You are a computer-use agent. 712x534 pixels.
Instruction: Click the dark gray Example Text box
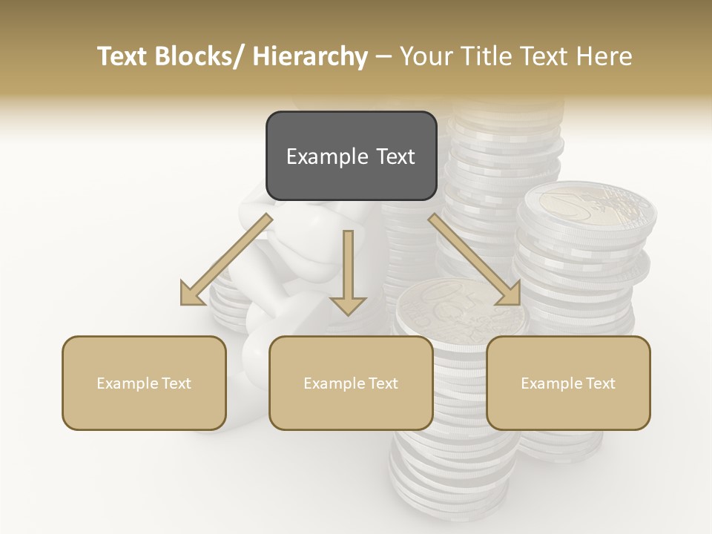(351, 156)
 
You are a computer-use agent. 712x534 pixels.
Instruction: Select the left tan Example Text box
(144, 383)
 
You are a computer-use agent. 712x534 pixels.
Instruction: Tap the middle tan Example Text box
(351, 383)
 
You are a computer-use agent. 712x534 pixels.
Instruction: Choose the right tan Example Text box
(568, 383)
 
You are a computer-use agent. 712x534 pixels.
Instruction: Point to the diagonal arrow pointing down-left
(227, 260)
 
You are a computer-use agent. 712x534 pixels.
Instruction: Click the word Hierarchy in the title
(310, 56)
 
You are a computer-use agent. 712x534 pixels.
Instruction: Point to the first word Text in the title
(123, 56)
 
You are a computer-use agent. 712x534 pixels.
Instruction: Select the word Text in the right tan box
(599, 383)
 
